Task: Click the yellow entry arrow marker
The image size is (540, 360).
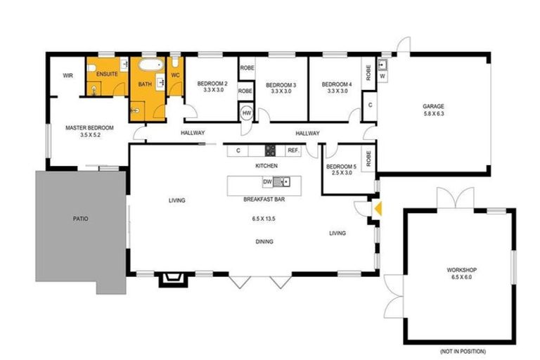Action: click(378, 208)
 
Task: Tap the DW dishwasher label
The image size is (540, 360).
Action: click(267, 183)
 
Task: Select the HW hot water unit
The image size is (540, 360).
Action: click(246, 113)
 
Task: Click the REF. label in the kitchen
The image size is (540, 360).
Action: click(293, 150)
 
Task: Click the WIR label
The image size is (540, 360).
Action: click(68, 75)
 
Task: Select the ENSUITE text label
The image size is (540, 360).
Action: click(106, 74)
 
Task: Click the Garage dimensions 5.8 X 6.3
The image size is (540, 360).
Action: click(434, 114)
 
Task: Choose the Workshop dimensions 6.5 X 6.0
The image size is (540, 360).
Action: click(461, 277)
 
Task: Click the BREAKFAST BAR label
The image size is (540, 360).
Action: click(263, 199)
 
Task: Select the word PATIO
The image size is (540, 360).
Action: click(80, 219)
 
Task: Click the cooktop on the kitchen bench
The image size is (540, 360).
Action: click(270, 150)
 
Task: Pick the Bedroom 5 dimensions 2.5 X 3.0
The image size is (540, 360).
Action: click(340, 173)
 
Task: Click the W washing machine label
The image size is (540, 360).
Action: click(382, 77)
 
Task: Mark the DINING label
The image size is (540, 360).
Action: click(264, 241)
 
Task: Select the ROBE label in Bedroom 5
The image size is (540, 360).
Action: click(368, 155)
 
